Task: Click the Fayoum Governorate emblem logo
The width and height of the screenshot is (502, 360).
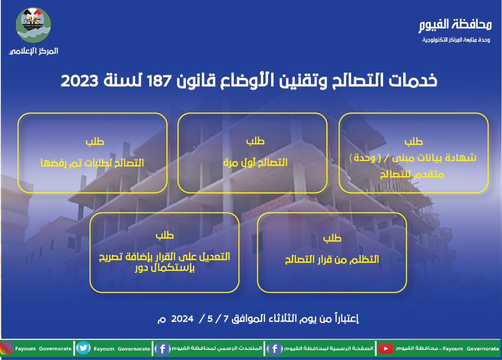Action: click(x=33, y=25)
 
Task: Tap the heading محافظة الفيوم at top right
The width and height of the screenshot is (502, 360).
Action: click(x=455, y=25)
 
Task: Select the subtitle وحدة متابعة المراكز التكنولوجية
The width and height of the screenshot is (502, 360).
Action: click(x=456, y=40)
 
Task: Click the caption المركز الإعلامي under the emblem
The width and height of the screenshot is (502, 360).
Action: click(x=34, y=51)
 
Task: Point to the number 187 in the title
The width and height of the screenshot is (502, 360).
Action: click(x=159, y=81)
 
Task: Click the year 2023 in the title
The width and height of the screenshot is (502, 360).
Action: click(x=80, y=81)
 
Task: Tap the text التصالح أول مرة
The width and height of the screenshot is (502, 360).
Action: click(x=255, y=162)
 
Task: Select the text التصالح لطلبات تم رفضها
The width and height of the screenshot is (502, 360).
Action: click(x=92, y=163)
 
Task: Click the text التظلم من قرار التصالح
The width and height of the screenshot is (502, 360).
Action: click(x=332, y=260)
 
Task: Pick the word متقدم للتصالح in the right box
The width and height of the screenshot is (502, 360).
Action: click(x=412, y=175)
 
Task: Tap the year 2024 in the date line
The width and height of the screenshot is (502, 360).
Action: click(x=182, y=319)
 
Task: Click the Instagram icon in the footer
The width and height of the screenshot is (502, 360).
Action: click(x=7, y=348)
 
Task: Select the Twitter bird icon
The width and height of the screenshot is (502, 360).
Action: click(x=84, y=348)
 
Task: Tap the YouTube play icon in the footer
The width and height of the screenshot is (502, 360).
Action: click(x=386, y=349)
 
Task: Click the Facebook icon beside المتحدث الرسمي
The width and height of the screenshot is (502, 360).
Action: click(x=162, y=349)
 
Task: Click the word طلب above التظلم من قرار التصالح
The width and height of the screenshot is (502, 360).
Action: click(x=332, y=238)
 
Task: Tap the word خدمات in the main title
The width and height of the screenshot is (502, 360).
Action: click(x=413, y=80)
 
